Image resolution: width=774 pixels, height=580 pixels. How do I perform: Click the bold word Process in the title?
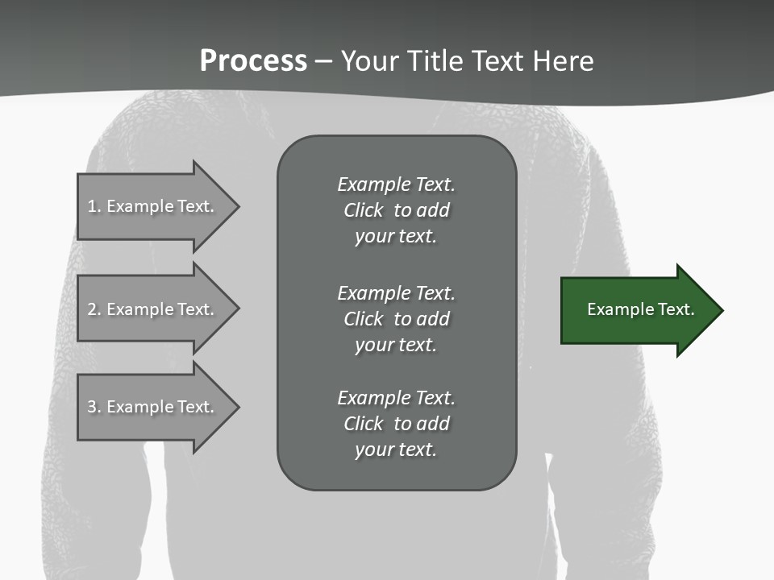253,61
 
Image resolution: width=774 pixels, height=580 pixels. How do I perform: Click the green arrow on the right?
637,309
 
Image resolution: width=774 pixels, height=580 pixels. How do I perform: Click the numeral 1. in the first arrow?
94,206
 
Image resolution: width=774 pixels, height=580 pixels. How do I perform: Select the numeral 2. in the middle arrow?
94,309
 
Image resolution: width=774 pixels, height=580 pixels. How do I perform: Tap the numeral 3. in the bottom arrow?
94,407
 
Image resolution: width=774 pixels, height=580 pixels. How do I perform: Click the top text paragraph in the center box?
396,210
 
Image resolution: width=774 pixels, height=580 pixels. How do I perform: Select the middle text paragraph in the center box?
396,319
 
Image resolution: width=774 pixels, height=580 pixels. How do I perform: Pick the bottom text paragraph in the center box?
396,424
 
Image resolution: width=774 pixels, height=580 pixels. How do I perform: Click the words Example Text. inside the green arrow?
640,309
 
